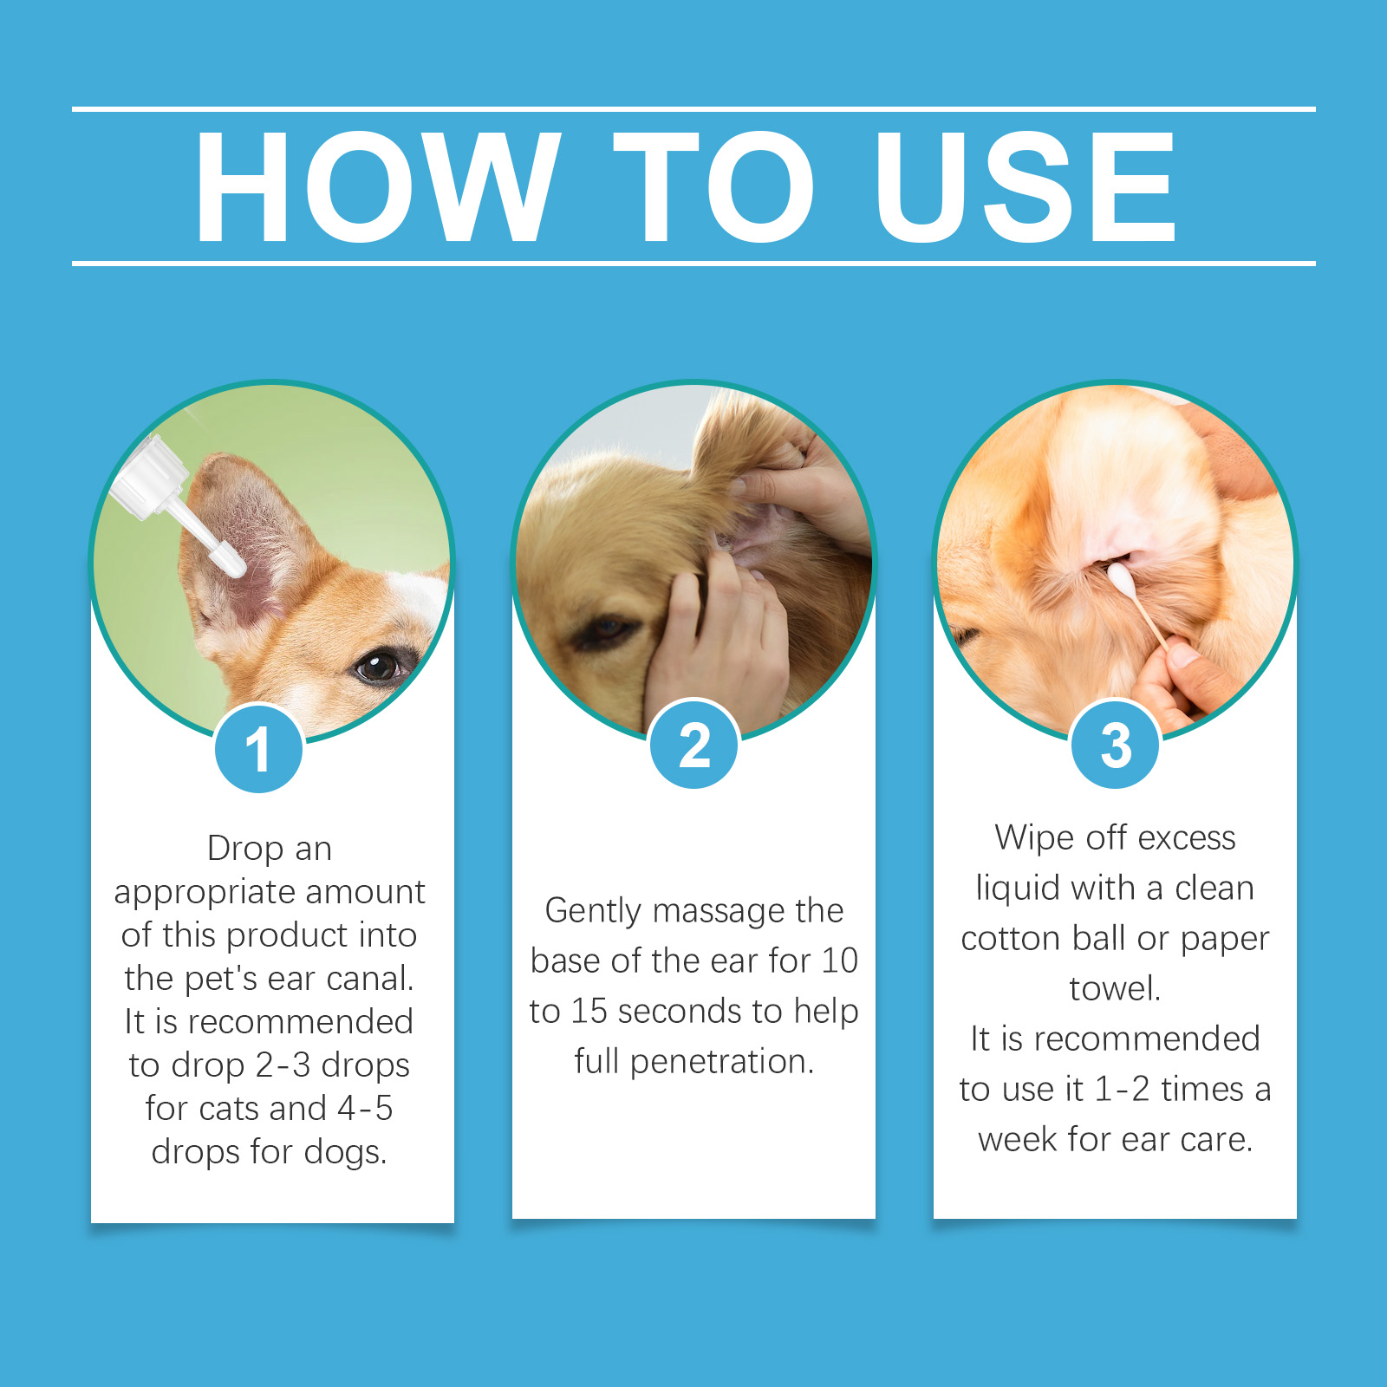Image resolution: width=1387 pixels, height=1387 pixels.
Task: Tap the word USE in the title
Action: click(x=1026, y=186)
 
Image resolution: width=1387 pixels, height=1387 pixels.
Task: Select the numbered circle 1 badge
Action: click(x=258, y=749)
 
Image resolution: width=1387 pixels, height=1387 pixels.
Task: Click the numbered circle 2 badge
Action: click(x=694, y=745)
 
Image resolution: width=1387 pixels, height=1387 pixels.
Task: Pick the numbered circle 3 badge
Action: click(x=1116, y=745)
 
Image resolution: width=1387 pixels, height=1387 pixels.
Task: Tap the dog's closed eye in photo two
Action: click(x=605, y=630)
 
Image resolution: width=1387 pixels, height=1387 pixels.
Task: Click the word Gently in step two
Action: click(x=593, y=912)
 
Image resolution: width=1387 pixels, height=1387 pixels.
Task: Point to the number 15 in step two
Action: click(x=589, y=1012)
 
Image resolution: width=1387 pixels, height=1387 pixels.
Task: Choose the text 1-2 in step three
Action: click(x=1122, y=1090)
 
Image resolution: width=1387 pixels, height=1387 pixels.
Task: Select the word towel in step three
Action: click(x=1115, y=989)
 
